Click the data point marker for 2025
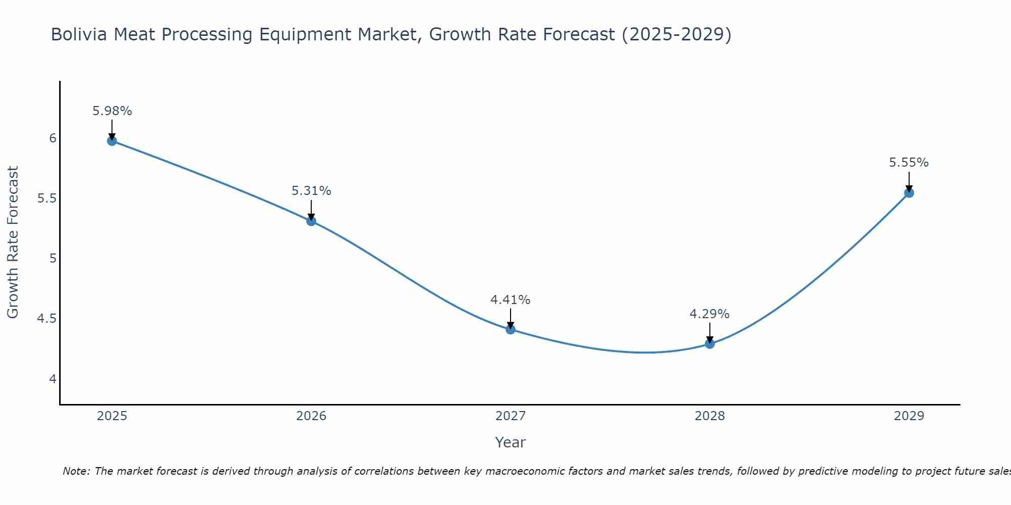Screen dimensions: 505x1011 click(112, 141)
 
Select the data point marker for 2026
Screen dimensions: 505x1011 click(311, 221)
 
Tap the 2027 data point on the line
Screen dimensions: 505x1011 click(511, 329)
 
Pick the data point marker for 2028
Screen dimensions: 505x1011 click(710, 344)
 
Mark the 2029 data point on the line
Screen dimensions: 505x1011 click(909, 192)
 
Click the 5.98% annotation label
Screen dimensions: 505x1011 click(112, 111)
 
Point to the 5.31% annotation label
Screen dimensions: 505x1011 click(311, 191)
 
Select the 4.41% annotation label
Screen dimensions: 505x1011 click(510, 300)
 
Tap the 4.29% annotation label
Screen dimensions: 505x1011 click(709, 314)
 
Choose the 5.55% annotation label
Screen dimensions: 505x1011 click(908, 163)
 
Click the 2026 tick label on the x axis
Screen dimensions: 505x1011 click(311, 416)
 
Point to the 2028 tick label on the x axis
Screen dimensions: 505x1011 click(710, 416)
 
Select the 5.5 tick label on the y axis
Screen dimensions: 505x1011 click(47, 198)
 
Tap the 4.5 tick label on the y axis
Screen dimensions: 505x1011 click(47, 319)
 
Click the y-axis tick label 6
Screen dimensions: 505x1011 click(53, 138)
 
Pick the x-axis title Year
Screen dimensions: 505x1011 click(510, 442)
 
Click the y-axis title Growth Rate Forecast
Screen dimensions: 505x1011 click(13, 242)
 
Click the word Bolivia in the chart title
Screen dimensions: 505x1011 click(79, 34)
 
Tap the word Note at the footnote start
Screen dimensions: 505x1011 click(76, 471)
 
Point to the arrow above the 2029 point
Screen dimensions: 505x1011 click(909, 181)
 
